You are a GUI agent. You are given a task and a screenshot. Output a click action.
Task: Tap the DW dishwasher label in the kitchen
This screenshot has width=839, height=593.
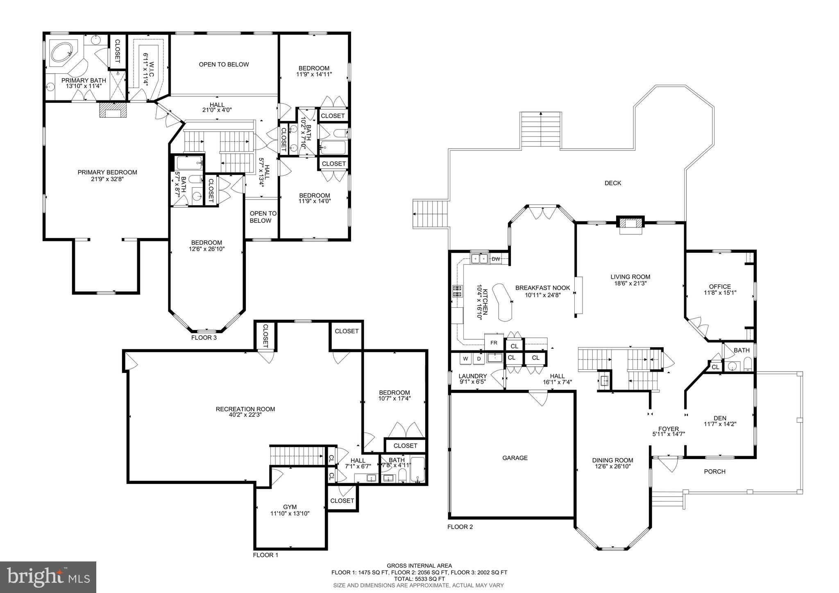coord(496,259)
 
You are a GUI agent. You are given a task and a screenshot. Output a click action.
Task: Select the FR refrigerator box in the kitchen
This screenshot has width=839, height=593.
coord(494,343)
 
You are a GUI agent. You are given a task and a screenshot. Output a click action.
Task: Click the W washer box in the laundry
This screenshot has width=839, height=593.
coord(465,359)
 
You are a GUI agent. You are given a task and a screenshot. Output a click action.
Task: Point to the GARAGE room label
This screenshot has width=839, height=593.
coord(515,458)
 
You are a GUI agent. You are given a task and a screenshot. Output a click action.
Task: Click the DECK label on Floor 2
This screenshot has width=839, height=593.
coord(613,183)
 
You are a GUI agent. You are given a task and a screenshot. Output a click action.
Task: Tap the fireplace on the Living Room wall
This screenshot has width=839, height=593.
coord(630,225)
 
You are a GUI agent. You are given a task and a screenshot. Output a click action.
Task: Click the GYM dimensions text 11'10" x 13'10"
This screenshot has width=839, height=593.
coord(290,513)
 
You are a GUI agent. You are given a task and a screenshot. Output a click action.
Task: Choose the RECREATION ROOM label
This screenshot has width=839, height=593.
coord(245,409)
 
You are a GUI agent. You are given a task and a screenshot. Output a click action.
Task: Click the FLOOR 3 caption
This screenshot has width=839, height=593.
coord(204,338)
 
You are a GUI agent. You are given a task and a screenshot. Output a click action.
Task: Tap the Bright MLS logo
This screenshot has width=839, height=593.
coord(48,577)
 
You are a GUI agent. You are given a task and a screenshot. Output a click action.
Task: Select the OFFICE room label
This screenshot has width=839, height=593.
coord(720,287)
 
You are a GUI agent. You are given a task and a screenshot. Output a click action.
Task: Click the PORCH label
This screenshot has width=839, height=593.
coord(714,472)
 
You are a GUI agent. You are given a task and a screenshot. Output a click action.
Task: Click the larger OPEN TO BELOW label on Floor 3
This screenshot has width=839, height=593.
coord(224,64)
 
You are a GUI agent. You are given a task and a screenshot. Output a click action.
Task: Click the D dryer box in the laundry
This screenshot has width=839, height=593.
coord(478,359)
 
